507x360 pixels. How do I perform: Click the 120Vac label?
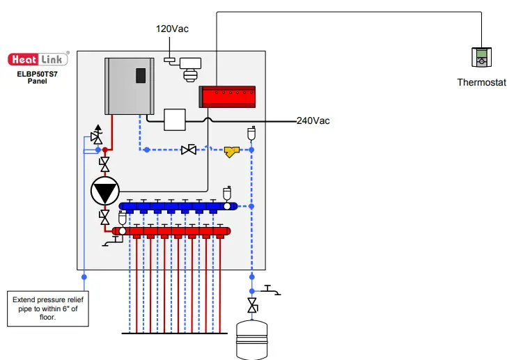pos(172,29)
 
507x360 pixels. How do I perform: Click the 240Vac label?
pos(313,120)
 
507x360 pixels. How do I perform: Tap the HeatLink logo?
pos(38,59)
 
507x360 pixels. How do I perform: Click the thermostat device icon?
pos(481,58)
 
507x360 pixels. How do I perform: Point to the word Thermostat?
pos(481,82)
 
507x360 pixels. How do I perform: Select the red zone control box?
pos(229,95)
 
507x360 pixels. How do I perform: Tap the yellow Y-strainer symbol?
pos(232,150)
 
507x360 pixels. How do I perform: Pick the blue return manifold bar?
pos(178,206)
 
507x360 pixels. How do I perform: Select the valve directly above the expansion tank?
pos(252,306)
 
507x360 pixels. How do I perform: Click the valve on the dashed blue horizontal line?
pos(187,150)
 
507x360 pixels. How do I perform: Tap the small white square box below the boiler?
pos(175,119)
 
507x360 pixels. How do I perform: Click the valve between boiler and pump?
pos(104,165)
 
